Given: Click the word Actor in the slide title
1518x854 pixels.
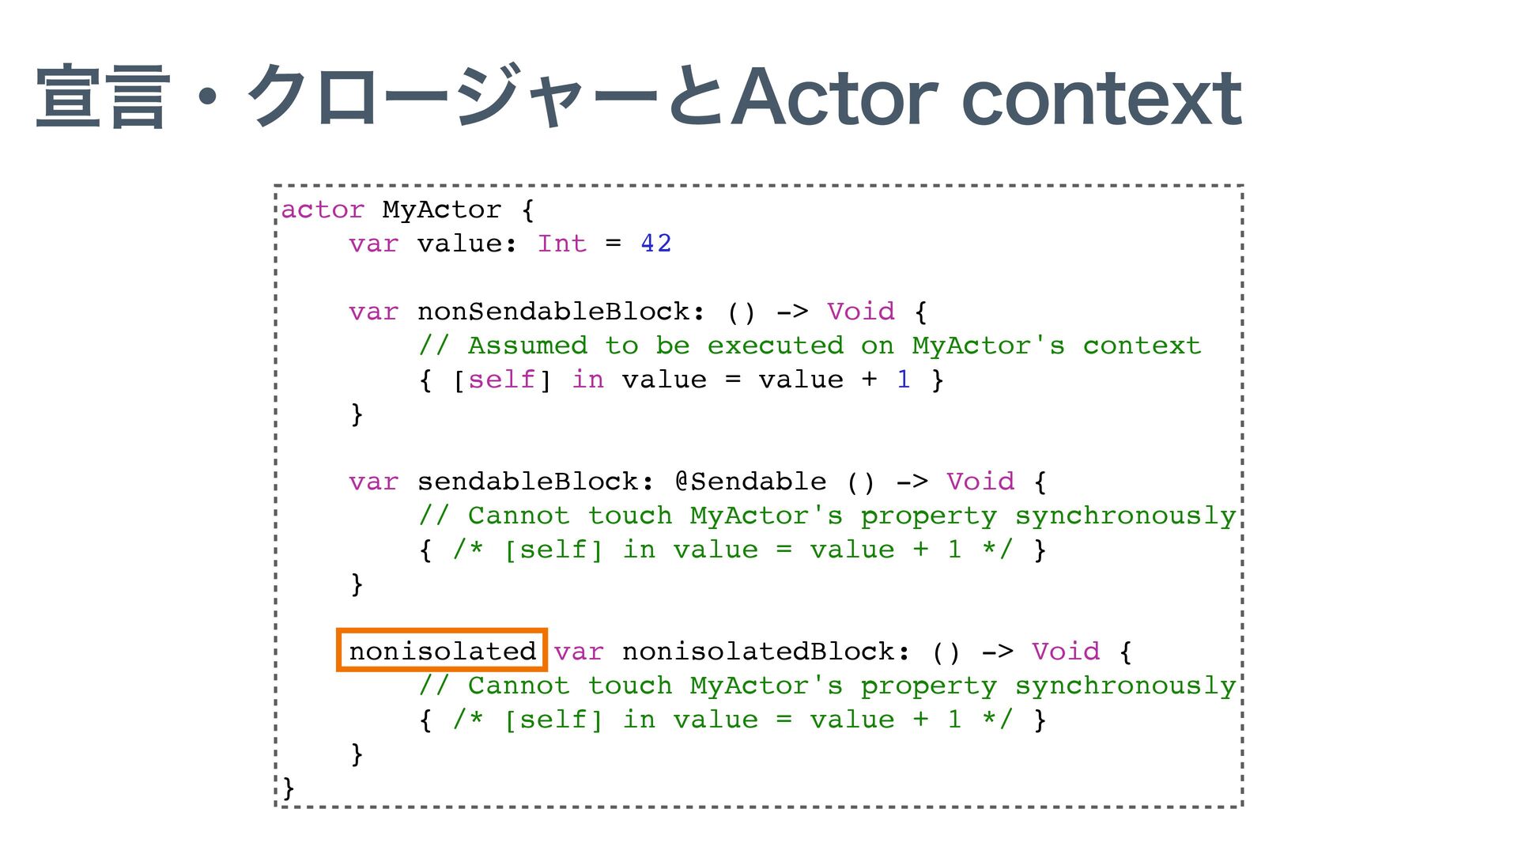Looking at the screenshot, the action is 834,98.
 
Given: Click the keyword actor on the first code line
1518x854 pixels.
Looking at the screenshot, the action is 323,210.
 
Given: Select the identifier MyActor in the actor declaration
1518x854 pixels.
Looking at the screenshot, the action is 441,210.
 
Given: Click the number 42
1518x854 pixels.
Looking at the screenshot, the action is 655,244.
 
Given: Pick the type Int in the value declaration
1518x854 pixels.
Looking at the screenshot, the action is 561,244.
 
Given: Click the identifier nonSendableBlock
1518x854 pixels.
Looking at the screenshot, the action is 553,312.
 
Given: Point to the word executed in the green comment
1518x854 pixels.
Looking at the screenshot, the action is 775,346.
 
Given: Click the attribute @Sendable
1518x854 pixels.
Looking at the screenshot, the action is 750,482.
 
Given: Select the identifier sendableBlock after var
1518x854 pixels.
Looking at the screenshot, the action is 528,482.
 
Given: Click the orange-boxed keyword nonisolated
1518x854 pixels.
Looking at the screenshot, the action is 442,651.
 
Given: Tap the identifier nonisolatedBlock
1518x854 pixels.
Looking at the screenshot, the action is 758,652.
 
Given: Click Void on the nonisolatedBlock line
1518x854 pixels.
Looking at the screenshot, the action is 1065,652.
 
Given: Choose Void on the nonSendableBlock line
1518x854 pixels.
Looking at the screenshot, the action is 860,312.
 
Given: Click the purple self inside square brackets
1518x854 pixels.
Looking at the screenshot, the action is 501,380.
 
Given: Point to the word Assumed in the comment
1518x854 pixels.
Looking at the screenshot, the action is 527,346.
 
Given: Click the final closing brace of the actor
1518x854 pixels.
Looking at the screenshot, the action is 288,788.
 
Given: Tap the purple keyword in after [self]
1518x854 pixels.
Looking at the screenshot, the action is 587,380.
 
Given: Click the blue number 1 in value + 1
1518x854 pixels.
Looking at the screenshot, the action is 903,380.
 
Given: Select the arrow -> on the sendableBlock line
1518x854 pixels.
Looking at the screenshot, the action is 912,482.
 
